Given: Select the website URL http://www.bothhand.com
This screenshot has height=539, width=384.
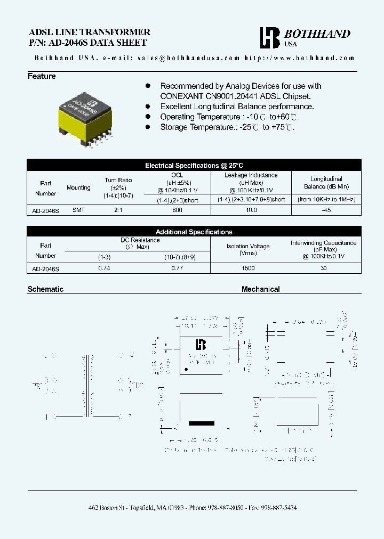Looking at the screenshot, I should [299, 58].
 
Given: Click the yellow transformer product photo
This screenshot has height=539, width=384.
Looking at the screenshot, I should [85, 117].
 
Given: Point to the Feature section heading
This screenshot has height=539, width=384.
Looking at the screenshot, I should [42, 76].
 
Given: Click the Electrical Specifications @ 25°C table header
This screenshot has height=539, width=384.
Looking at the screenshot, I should [194, 166].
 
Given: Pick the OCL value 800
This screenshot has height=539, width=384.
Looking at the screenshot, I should [177, 210].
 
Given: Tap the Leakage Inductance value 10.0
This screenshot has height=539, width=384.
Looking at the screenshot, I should [251, 210].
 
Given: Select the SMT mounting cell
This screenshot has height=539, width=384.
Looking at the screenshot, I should [78, 210].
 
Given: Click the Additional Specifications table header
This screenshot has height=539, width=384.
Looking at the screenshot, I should [194, 232].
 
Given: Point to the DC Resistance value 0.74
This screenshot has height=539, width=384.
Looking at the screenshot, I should [104, 268].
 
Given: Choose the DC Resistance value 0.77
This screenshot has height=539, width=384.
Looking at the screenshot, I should [177, 268].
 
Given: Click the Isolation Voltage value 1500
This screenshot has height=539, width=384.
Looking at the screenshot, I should [248, 268].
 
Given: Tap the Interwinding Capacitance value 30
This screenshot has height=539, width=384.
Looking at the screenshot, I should [323, 268].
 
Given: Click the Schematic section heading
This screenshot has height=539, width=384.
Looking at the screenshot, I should [45, 289].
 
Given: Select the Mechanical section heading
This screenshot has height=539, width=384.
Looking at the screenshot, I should [260, 289].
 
